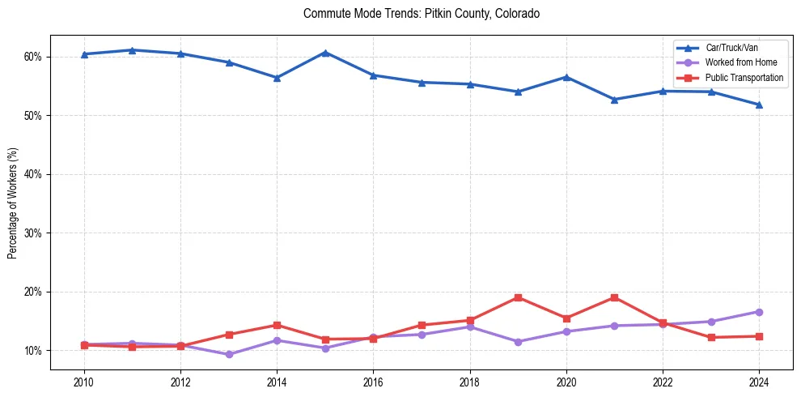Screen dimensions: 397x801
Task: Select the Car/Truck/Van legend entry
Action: [731, 48]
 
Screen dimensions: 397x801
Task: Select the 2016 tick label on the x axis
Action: [373, 382]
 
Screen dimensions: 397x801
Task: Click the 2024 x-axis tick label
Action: [759, 382]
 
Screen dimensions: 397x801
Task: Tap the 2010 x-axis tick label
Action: [83, 382]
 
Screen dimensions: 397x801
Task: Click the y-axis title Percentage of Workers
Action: [13, 203]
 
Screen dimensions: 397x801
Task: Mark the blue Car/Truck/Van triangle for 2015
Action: [325, 53]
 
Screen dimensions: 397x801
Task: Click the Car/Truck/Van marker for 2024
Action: [759, 105]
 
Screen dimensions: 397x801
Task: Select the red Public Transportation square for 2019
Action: [518, 297]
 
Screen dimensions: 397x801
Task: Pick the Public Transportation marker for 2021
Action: [615, 297]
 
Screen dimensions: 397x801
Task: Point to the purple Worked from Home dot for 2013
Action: [229, 354]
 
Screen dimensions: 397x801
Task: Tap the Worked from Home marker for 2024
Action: [759, 312]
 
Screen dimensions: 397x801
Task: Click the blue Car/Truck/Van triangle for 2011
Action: [132, 50]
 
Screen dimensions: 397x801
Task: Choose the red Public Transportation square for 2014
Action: [277, 325]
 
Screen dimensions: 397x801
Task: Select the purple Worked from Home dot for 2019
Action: [518, 342]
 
